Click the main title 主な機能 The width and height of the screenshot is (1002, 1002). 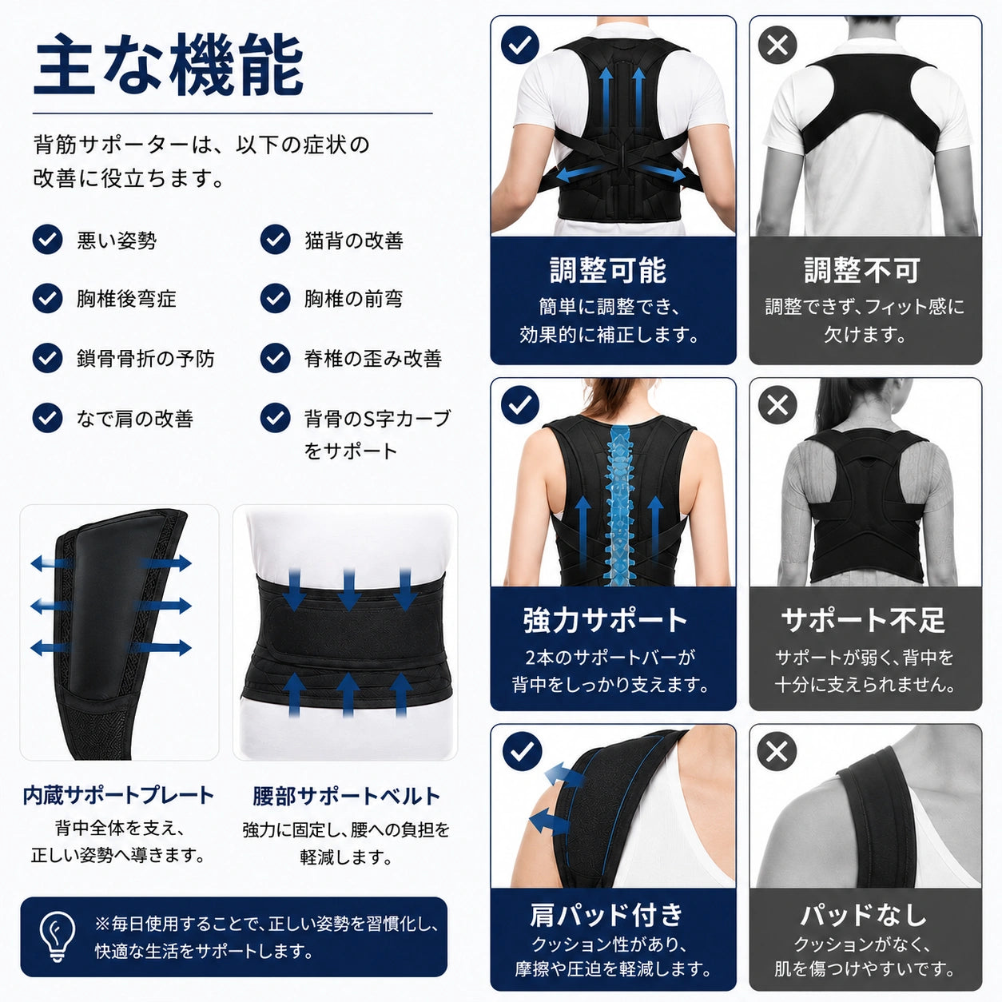click(169, 65)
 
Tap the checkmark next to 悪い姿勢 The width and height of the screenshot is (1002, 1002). click(47, 240)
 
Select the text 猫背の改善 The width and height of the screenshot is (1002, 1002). click(354, 241)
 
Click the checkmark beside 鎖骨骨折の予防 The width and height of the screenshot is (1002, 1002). click(47, 358)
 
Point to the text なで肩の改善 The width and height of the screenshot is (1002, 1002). click(135, 419)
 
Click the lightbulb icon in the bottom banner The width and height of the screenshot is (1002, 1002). click(58, 937)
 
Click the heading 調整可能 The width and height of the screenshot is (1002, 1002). click(608, 270)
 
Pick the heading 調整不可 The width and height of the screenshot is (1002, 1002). click(862, 270)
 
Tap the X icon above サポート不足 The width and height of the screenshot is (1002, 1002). click(777, 404)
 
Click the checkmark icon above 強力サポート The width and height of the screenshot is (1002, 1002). click(520, 404)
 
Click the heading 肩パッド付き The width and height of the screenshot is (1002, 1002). click(606, 915)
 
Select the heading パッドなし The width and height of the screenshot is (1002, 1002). click(863, 915)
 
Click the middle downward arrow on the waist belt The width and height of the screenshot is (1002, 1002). click(348, 589)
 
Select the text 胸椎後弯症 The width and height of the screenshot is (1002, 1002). click(126, 299)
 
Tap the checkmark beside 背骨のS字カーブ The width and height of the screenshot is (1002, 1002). click(275, 418)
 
